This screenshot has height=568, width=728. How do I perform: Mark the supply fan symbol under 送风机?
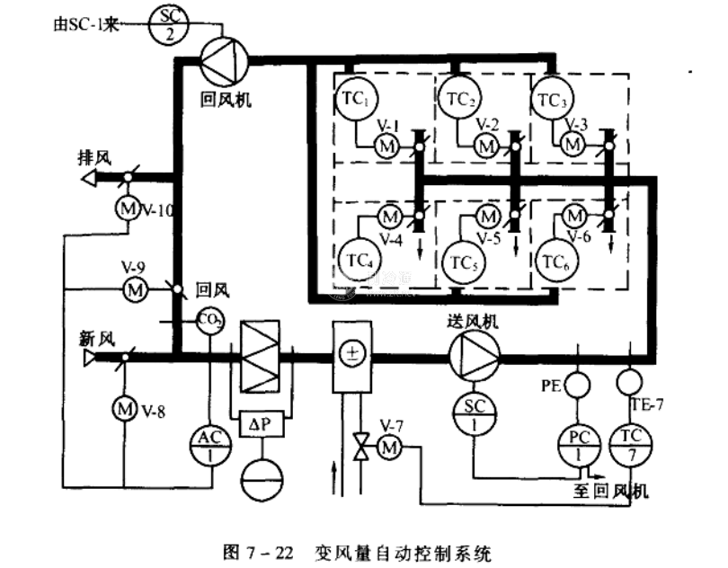click(x=472, y=354)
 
